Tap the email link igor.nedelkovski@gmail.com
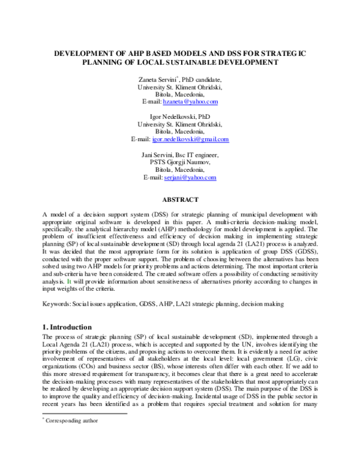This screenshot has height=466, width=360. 191,139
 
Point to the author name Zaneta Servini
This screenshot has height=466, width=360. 158,79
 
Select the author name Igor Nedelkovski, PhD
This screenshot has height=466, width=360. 180,116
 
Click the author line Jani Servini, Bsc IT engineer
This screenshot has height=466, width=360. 180,155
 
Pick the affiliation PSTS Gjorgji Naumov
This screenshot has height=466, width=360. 180,162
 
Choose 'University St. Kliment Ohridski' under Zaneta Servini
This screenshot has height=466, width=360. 180,86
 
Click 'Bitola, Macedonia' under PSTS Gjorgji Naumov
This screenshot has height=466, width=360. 180,170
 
